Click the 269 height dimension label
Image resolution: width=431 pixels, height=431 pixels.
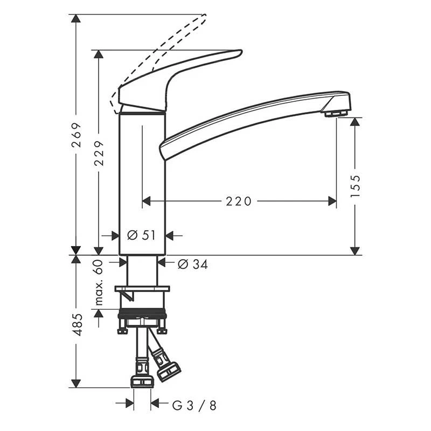pos(76,135)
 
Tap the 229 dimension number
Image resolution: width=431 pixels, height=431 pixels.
pos(99,153)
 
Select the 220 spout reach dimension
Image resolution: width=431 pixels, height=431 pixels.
pos(239,201)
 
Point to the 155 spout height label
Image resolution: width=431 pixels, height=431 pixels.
pos(355,186)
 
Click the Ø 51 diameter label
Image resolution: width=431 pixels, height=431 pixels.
pos(142,235)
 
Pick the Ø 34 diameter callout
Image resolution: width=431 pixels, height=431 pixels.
pos(193,264)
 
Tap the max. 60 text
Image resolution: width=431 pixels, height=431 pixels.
pos(99,282)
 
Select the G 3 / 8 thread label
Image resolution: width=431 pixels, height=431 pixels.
pos(194,406)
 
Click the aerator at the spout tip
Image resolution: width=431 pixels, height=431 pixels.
pos(336,113)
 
